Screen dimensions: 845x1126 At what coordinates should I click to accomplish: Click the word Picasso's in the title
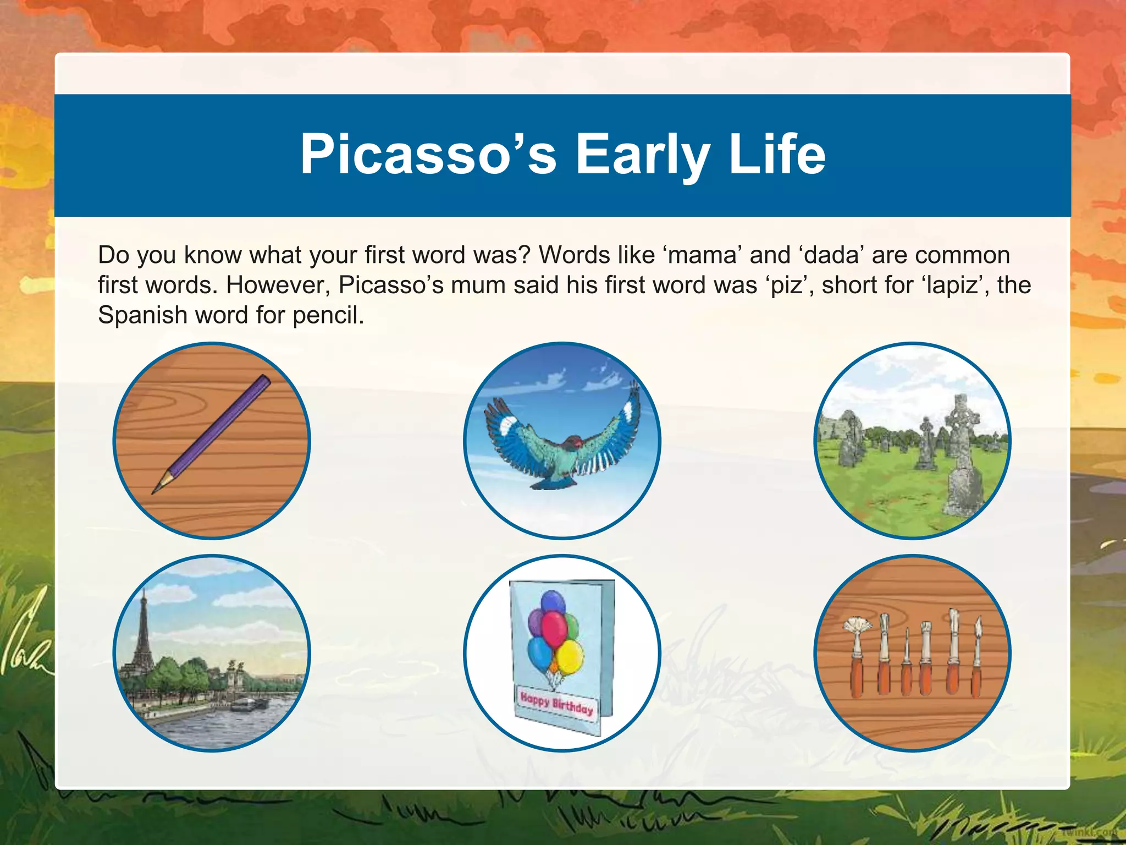(x=428, y=155)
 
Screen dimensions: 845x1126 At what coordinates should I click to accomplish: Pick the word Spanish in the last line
(x=142, y=316)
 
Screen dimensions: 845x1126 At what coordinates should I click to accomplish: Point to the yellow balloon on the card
(x=570, y=658)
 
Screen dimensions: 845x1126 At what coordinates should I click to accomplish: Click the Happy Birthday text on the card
(x=556, y=703)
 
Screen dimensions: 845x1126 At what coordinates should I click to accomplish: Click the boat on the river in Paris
(x=250, y=705)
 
